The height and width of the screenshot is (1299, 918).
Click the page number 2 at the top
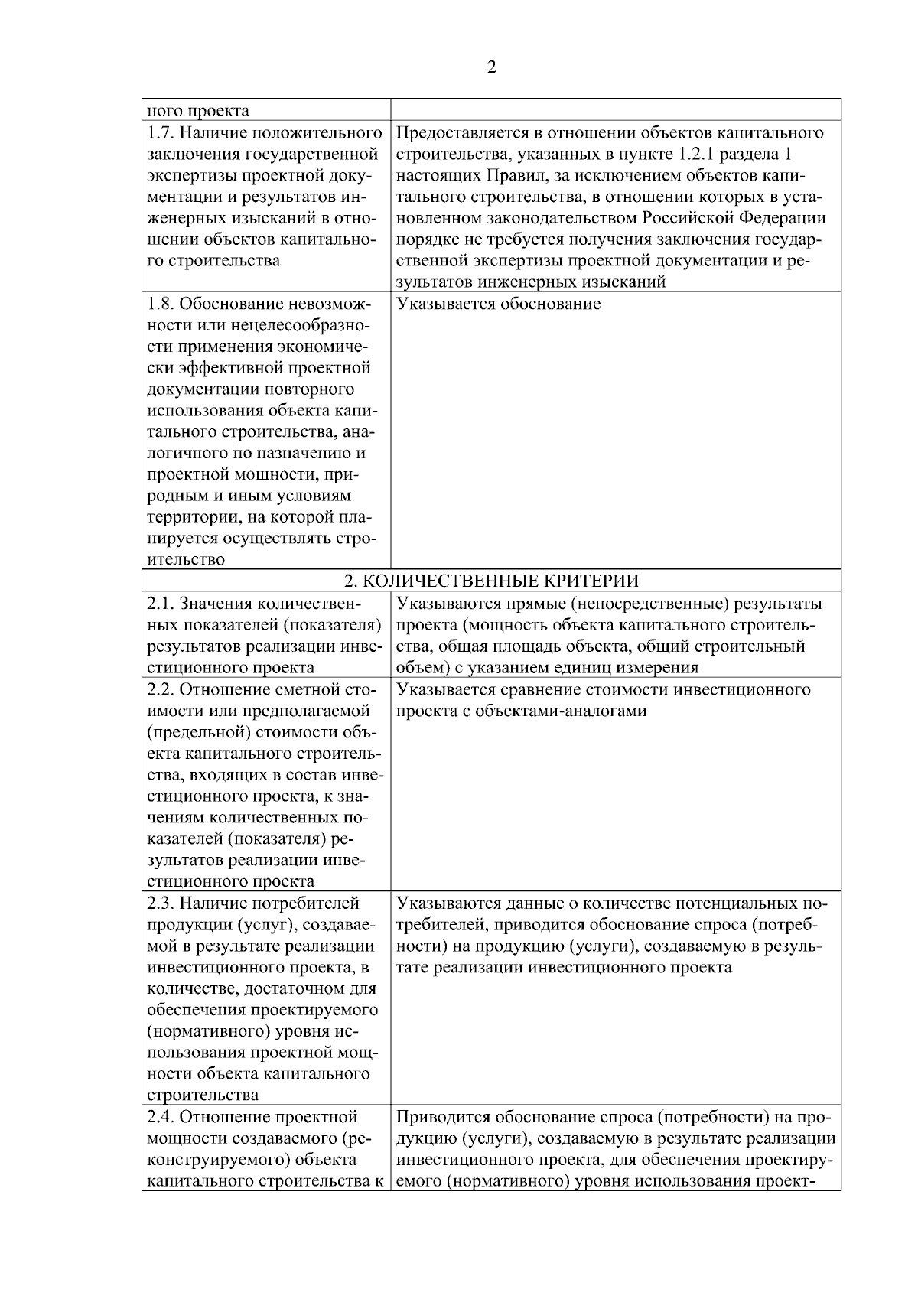(x=491, y=68)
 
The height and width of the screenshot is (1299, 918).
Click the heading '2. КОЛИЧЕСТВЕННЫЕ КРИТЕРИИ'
(x=491, y=581)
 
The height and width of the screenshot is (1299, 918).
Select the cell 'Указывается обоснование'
(x=499, y=304)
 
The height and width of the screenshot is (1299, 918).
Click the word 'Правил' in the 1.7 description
(x=501, y=176)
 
